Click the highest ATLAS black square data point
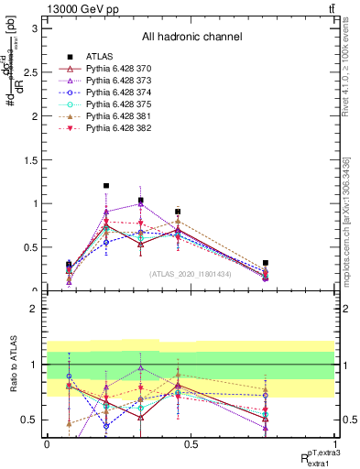tap(106, 186)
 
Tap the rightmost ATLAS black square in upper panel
tap(266, 263)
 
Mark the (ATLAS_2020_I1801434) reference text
tap(191, 273)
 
